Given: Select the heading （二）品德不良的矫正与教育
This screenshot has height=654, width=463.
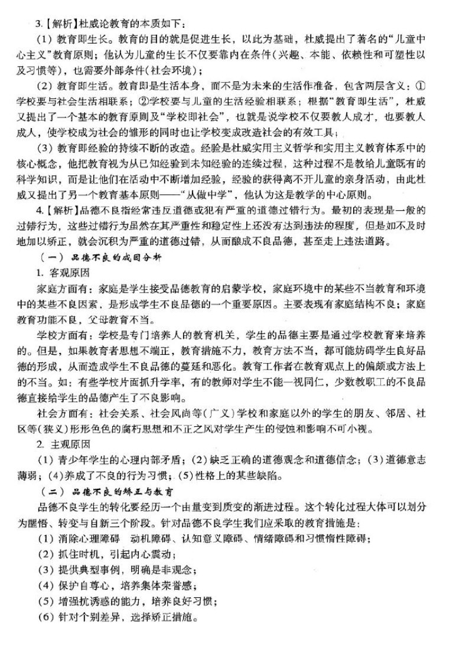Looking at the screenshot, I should (112, 490).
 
